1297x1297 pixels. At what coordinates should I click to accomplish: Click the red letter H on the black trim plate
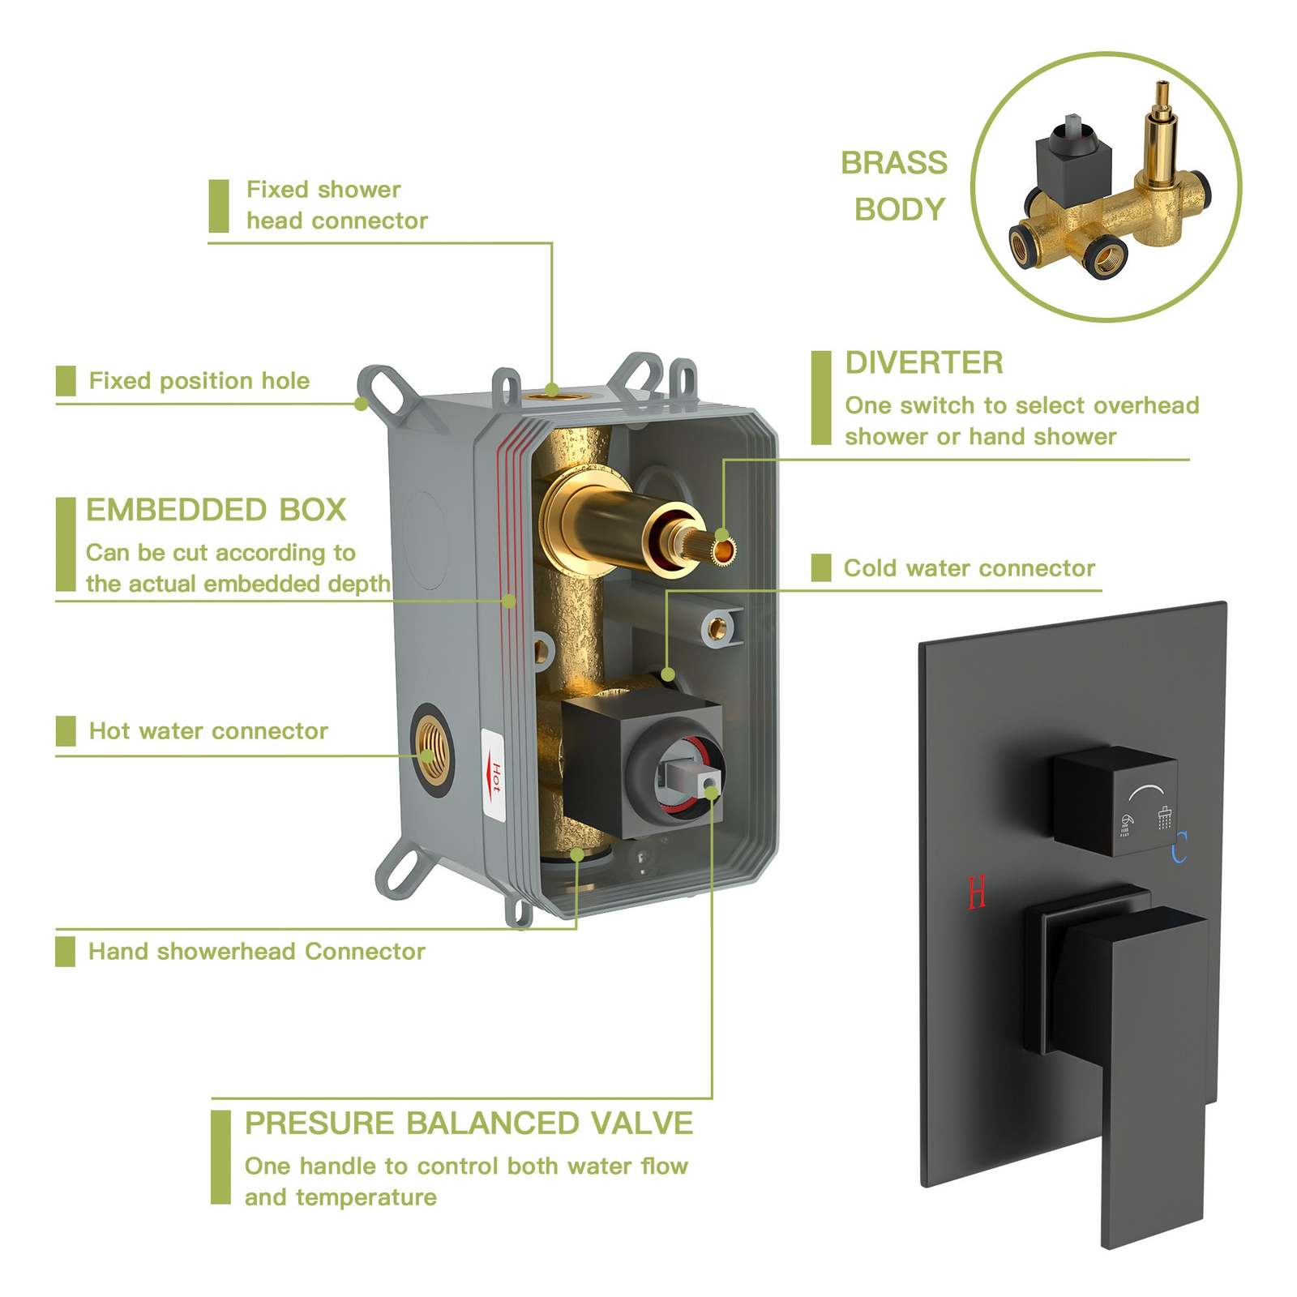tap(977, 892)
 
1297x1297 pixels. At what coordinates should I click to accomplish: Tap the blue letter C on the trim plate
tap(1179, 847)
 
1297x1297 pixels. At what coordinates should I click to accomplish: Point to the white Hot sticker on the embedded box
tap(494, 777)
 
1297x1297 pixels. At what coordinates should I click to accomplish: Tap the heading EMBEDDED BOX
tap(216, 510)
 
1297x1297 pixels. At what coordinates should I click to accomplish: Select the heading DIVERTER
tap(924, 362)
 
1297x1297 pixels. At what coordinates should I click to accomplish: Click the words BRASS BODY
tap(895, 186)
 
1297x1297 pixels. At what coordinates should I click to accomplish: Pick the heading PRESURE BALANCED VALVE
tap(469, 1124)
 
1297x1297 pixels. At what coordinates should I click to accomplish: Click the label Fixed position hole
tap(199, 380)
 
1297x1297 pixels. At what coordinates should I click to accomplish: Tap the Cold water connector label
tap(970, 567)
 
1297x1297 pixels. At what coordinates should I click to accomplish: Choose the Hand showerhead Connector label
tap(257, 951)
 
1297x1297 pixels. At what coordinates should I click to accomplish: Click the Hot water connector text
tap(209, 730)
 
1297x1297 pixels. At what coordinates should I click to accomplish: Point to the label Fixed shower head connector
tap(337, 205)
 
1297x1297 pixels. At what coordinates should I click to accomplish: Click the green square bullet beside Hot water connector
tap(66, 731)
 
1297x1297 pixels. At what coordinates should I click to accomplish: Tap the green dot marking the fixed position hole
tap(362, 403)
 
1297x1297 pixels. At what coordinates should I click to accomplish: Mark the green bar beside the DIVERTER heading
tap(821, 398)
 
